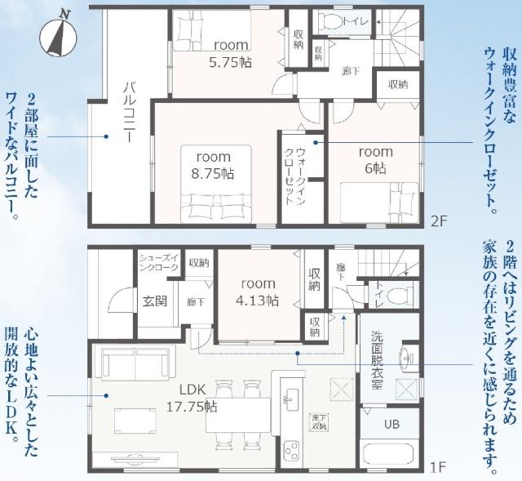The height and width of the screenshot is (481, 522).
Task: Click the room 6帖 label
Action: (376, 159)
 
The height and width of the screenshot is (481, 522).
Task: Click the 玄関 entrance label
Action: (154, 301)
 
